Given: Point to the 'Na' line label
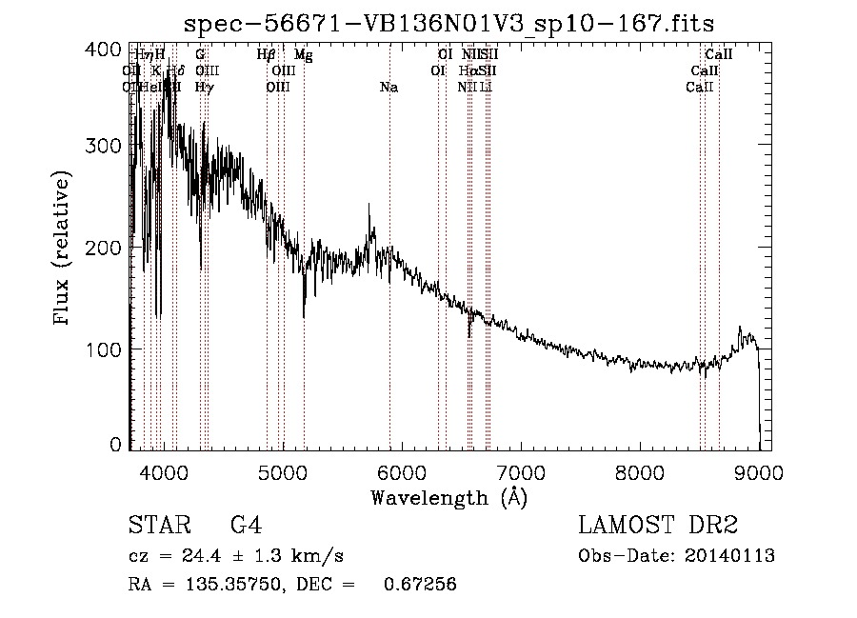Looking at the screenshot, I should [x=389, y=88].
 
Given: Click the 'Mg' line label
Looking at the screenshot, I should [x=303, y=55].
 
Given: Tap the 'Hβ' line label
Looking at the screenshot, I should [x=267, y=55].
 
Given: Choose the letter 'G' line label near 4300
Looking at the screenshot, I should [x=200, y=55].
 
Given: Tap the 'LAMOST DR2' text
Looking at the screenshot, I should [x=658, y=525].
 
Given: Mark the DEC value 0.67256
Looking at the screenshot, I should [x=419, y=585].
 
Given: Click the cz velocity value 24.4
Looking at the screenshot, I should [x=191, y=556].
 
